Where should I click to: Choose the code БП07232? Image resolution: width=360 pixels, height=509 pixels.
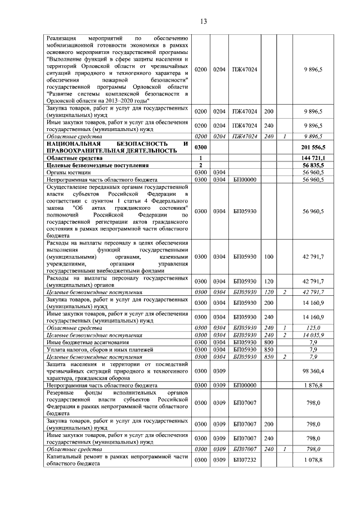click(245, 460)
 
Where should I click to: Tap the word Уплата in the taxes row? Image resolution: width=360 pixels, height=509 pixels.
click(57, 349)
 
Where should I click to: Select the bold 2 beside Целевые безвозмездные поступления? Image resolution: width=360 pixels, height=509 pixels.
click(201, 165)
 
